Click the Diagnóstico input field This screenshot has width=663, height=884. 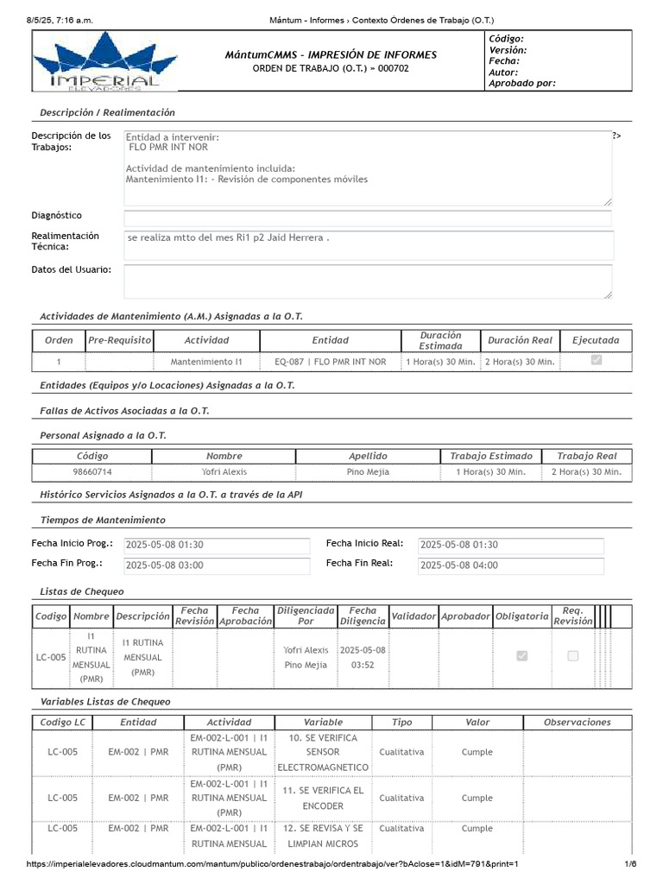(367, 218)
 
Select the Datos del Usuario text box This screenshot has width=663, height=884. (367, 281)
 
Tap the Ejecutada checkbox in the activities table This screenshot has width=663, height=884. (596, 361)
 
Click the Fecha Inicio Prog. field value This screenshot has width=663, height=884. (216, 546)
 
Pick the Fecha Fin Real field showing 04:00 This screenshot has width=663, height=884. (510, 565)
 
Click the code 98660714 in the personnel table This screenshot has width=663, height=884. (92, 472)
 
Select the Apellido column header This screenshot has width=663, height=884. (368, 456)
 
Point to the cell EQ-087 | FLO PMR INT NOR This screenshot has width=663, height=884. (331, 362)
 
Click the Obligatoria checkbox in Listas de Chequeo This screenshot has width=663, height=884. (521, 656)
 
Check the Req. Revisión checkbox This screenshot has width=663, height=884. (572, 656)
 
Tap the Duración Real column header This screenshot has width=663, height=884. (520, 340)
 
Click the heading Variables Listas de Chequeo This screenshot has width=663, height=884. (105, 702)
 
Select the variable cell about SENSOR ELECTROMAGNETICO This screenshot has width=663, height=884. (323, 752)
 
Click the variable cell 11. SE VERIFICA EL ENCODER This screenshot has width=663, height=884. (323, 798)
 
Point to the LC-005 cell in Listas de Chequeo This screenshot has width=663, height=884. (51, 657)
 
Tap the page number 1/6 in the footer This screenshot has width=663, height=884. (630, 864)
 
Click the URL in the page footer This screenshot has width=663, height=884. (273, 864)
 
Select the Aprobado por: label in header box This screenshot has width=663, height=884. (522, 84)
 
